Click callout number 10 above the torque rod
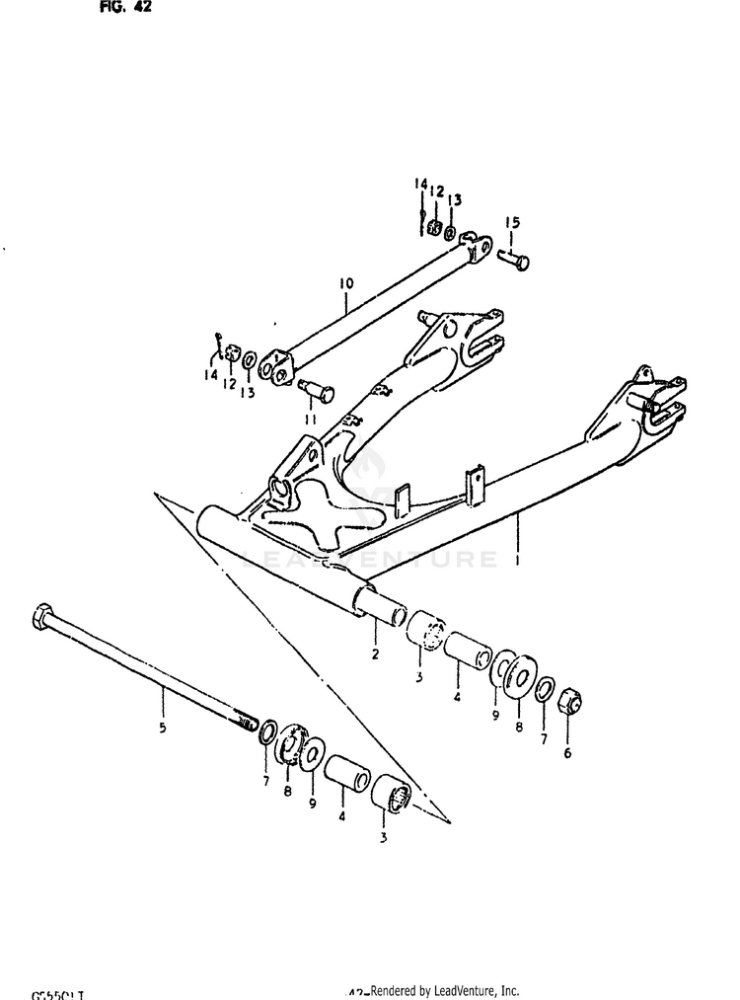(345, 284)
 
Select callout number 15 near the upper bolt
(512, 223)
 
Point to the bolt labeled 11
(319, 392)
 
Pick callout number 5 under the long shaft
(163, 730)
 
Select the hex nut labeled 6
(569, 702)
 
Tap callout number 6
(566, 751)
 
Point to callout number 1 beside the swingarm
(516, 561)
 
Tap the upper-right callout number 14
(420, 186)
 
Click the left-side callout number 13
(246, 392)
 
